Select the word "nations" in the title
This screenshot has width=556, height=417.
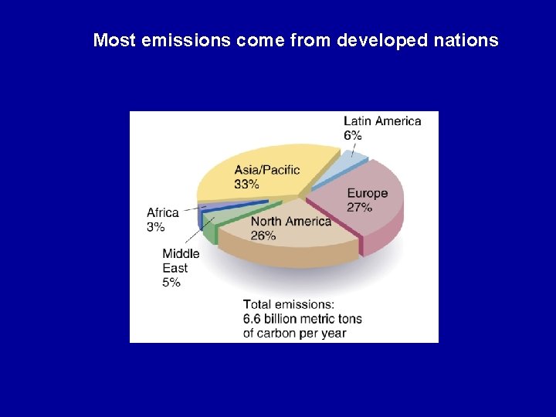[470, 40]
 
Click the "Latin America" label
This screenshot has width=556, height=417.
[382, 121]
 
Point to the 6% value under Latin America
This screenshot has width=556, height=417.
[353, 135]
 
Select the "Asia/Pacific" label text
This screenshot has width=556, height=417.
[267, 170]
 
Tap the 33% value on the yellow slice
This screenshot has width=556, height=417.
[247, 184]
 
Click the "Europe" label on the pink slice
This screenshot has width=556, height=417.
[368, 193]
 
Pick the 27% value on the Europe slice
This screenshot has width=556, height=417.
[360, 207]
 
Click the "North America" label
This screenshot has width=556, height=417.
[290, 222]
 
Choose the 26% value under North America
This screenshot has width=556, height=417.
[263, 236]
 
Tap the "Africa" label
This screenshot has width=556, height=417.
[163, 212]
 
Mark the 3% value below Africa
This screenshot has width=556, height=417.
[155, 227]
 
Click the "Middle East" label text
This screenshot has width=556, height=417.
[181, 260]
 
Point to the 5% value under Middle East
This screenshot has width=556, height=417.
[171, 283]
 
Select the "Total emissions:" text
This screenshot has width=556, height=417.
[289, 304]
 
